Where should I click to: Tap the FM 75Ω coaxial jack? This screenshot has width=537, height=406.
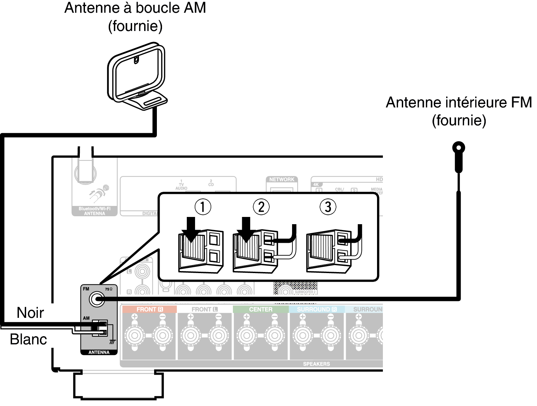point(97,299)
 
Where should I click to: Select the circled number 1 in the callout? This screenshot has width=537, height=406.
point(203,207)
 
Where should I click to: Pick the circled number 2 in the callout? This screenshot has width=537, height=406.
point(261,207)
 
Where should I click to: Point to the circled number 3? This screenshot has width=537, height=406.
point(328,207)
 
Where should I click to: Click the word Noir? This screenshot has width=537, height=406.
point(30,313)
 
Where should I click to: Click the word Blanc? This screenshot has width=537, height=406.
point(28,339)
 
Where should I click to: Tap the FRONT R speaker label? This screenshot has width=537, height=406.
point(149,309)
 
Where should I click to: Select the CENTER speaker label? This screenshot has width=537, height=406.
point(260,309)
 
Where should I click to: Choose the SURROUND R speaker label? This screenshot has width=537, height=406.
point(316,309)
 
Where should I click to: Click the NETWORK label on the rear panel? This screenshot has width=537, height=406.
point(282,179)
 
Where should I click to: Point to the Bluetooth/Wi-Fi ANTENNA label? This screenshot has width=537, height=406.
point(95,211)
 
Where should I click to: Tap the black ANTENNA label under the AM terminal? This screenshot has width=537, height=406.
point(99,352)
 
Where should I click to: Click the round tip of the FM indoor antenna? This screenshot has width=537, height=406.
point(458,148)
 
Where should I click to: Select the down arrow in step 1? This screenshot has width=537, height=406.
point(191,229)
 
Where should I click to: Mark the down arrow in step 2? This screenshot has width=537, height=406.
point(246,229)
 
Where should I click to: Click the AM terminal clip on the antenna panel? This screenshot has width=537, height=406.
point(100,328)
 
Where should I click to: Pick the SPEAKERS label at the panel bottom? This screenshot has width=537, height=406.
point(316,364)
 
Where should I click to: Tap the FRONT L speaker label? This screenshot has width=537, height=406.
point(205,309)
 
